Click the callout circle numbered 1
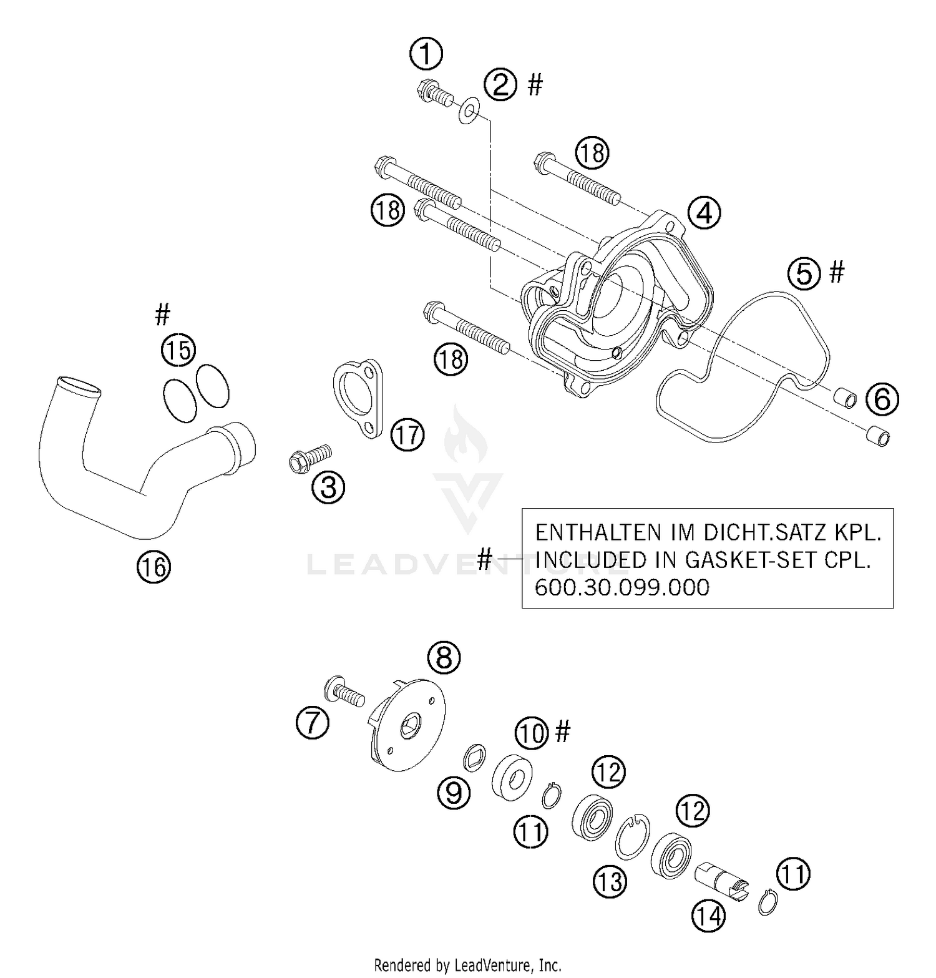[x=426, y=54]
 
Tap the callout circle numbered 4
[x=704, y=213]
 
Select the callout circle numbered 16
[x=154, y=567]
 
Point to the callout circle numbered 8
[x=444, y=657]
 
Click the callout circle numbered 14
[x=708, y=916]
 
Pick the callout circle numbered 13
[x=609, y=881]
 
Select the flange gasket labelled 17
[x=357, y=398]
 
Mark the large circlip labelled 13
[x=632, y=836]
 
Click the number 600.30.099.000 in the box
[x=622, y=587]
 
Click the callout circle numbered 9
[x=454, y=793]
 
